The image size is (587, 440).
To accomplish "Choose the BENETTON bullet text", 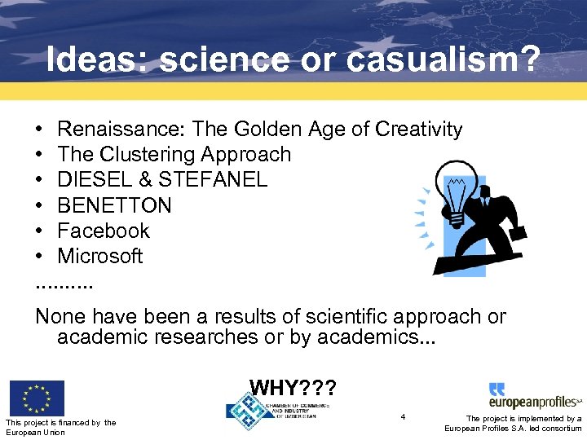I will [115, 205].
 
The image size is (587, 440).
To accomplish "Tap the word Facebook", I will [104, 231].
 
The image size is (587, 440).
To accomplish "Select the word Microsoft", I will [100, 256].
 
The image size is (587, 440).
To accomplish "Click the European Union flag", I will [37, 398].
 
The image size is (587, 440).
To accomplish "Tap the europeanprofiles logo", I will [535, 396].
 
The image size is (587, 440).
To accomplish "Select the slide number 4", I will [403, 417].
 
